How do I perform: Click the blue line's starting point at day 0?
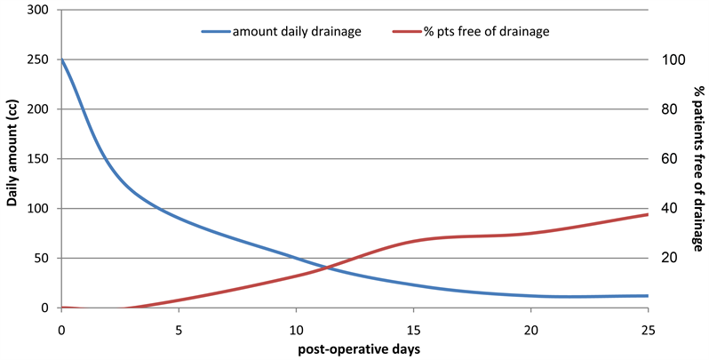coord(61,60)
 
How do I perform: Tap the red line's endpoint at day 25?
coord(648,214)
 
